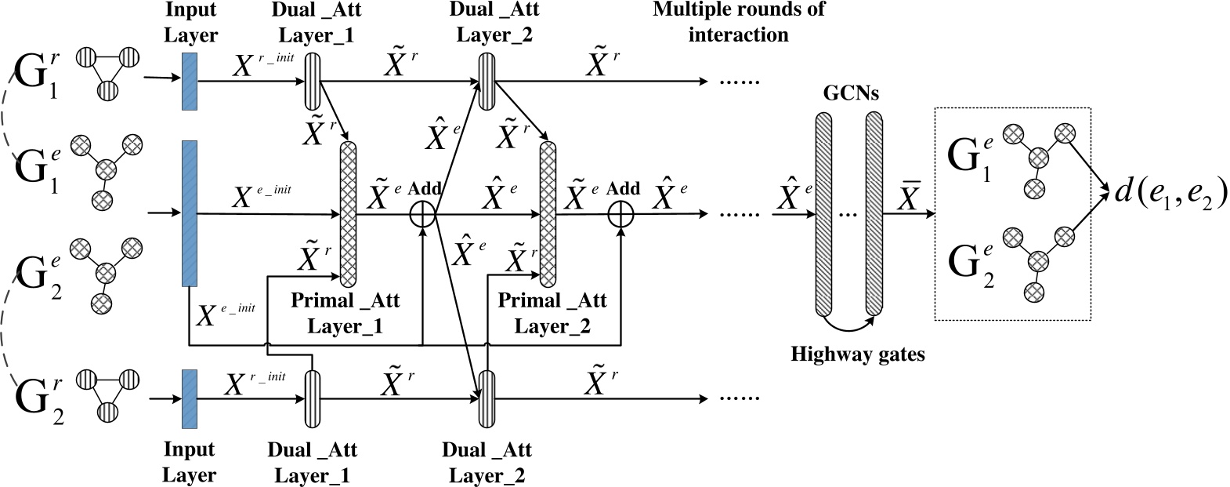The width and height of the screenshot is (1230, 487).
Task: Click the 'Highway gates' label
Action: pyautogui.click(x=857, y=354)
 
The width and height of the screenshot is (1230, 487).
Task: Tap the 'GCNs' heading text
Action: pyautogui.click(x=850, y=93)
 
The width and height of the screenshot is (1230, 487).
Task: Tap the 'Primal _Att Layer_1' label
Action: pyautogui.click(x=345, y=313)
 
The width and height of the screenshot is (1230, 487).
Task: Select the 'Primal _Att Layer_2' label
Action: pyautogui.click(x=552, y=313)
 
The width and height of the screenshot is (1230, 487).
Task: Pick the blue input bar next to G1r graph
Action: pyautogui.click(x=189, y=81)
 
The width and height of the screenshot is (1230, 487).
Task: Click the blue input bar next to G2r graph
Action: pyautogui.click(x=189, y=398)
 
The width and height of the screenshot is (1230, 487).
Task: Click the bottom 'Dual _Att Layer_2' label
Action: pyautogui.click(x=487, y=463)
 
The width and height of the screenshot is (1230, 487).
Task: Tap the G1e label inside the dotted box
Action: pyautogui.click(x=971, y=158)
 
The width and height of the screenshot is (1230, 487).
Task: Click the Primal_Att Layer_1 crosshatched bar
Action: pyautogui.click(x=347, y=212)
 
